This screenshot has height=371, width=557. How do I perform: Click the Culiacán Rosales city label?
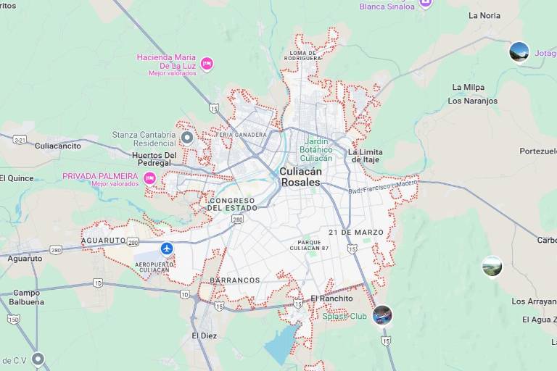pyautogui.click(x=300, y=177)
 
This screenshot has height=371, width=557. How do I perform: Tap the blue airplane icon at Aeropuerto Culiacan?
pyautogui.click(x=168, y=249)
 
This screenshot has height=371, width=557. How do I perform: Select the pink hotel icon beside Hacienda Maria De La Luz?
pyautogui.click(x=207, y=64)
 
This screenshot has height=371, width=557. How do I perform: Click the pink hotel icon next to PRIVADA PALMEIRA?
pyautogui.click(x=150, y=178)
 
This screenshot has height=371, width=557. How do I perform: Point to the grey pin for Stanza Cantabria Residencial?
pyautogui.click(x=187, y=137)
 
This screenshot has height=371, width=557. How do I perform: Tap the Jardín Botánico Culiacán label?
pyautogui.click(x=315, y=149)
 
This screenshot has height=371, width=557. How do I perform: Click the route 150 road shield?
pyautogui.click(x=13, y=319)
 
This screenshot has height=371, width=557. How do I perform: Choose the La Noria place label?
pyautogui.click(x=484, y=15)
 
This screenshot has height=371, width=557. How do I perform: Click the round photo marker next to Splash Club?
pyautogui.click(x=382, y=315)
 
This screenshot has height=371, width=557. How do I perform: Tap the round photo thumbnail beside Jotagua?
pyautogui.click(x=519, y=52)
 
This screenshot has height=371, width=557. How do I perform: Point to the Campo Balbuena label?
pyautogui.click(x=27, y=297)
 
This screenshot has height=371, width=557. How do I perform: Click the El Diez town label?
pyautogui.click(x=204, y=336)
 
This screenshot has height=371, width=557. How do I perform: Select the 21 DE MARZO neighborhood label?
pyautogui.click(x=355, y=233)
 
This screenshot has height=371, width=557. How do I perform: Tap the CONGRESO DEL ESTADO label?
pyautogui.click(x=232, y=204)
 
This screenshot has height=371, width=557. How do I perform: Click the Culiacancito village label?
pyautogui.click(x=58, y=146)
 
